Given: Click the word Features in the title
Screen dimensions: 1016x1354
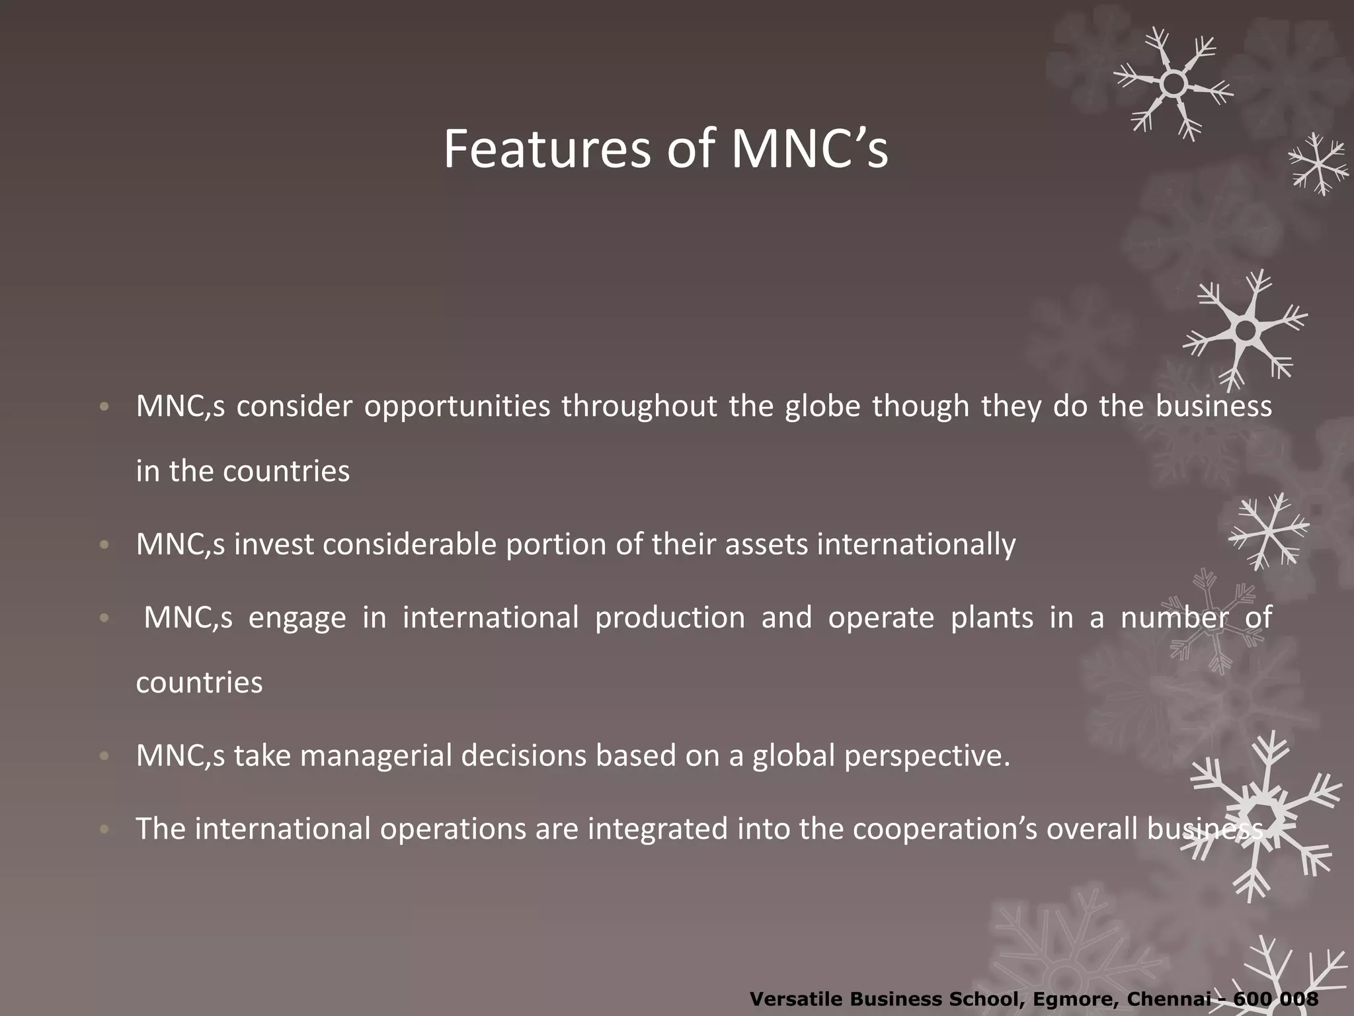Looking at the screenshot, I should pyautogui.click(x=547, y=149).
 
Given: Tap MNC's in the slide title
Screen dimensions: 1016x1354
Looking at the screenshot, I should pyautogui.click(x=809, y=149).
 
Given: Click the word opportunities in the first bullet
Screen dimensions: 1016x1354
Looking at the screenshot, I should pyautogui.click(x=457, y=407).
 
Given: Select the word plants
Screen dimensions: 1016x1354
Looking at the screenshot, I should pyautogui.click(x=992, y=618).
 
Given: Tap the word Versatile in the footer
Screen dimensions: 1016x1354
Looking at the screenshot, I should pyautogui.click(x=797, y=999).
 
